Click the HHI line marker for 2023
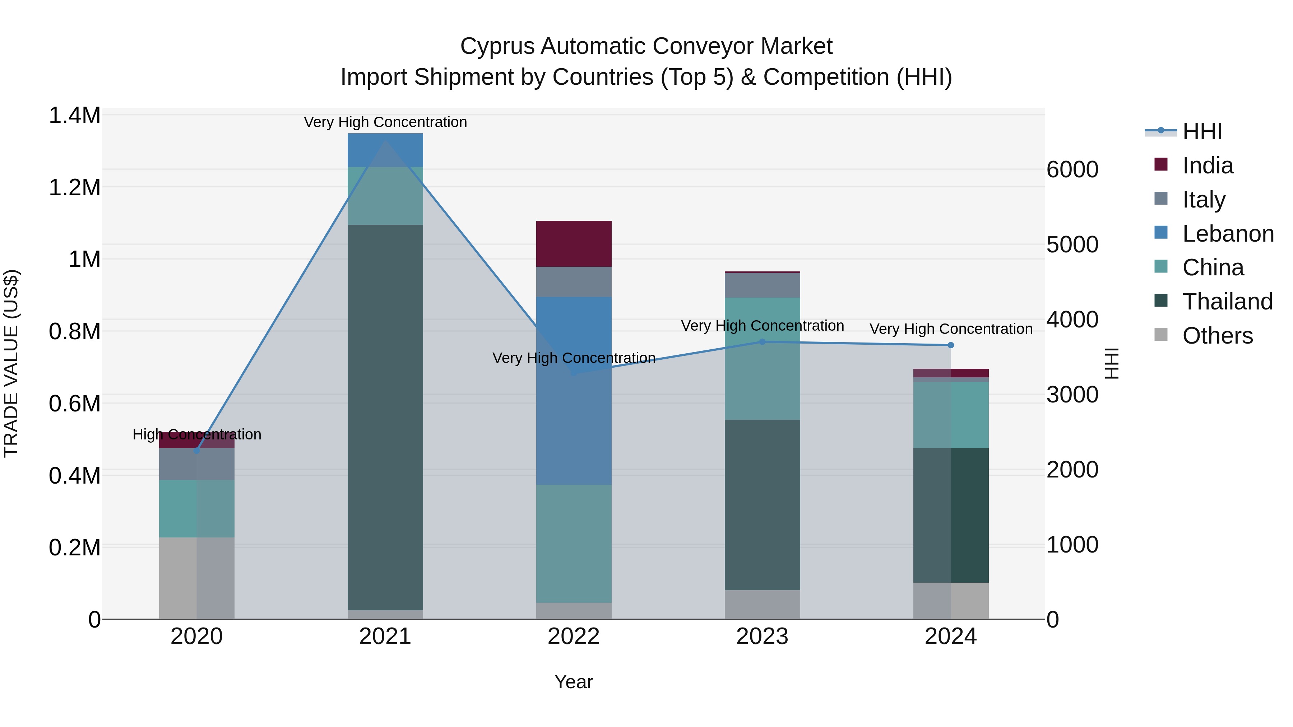762,342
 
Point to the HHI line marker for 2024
951,345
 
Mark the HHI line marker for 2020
197,451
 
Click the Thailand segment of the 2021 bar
385,416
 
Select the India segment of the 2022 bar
574,243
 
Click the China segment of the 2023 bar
762,358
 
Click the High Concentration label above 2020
197,434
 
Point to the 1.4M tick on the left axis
74,115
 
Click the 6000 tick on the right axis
1072,169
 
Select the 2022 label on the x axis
574,637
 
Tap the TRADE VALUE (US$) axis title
11,363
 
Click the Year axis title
574,682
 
